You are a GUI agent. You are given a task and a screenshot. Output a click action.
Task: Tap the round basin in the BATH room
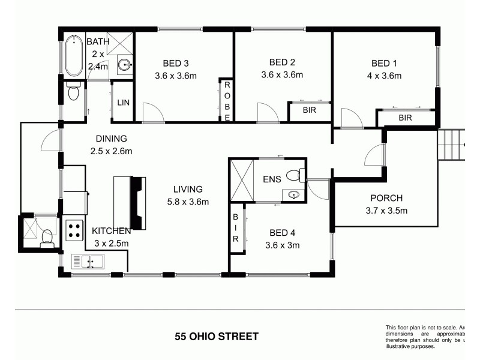point(124,65)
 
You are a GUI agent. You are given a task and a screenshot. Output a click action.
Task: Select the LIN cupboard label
point(123,103)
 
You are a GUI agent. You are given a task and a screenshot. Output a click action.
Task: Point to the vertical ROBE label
point(227,101)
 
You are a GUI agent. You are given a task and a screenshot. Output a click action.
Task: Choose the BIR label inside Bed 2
point(310,110)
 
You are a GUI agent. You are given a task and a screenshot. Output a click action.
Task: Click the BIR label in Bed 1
point(406,118)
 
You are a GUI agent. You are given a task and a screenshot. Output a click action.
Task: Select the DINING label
point(106,139)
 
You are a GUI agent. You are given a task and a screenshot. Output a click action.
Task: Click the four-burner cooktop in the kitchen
point(74,229)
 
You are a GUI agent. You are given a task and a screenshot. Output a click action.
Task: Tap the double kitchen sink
point(88,262)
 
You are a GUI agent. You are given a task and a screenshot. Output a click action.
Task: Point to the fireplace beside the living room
point(137,202)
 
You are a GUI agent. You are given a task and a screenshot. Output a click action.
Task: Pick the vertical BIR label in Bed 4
point(236,228)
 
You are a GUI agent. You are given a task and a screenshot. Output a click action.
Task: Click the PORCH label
point(386,198)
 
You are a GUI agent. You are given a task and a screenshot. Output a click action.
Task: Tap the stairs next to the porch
point(451,145)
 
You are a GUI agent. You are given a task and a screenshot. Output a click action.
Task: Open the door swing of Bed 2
point(266,112)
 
